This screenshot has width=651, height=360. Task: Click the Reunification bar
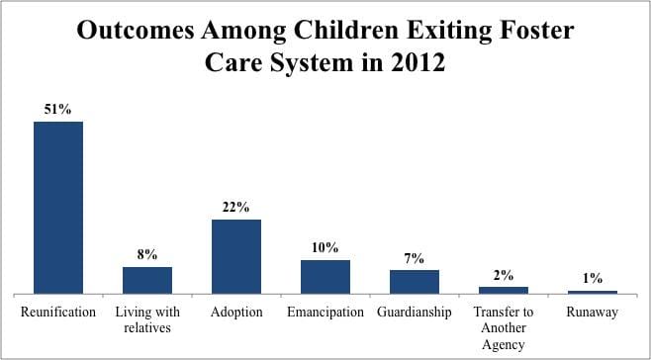[x=58, y=208]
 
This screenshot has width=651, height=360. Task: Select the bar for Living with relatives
[x=147, y=280]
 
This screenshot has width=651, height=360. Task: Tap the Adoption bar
[x=236, y=256]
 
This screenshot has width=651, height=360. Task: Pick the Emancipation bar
[x=325, y=277]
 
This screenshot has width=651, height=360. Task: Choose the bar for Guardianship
[x=415, y=282]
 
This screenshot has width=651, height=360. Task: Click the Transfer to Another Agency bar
[x=504, y=290]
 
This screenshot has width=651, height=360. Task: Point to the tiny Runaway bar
[x=593, y=292]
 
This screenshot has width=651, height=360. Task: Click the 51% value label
[x=58, y=109]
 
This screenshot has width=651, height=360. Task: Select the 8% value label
[x=147, y=254]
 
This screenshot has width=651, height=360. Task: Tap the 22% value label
[x=236, y=207]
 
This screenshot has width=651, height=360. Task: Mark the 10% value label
[x=325, y=247]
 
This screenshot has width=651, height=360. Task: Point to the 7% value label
[x=415, y=257]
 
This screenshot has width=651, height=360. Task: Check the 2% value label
[x=504, y=275]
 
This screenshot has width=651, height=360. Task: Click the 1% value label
[x=593, y=279]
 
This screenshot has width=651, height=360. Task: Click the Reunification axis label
[x=58, y=312]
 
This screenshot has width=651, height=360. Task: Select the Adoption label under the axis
[x=236, y=312]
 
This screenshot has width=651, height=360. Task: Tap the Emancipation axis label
[x=325, y=312]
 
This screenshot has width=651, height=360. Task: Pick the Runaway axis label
[x=593, y=312]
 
